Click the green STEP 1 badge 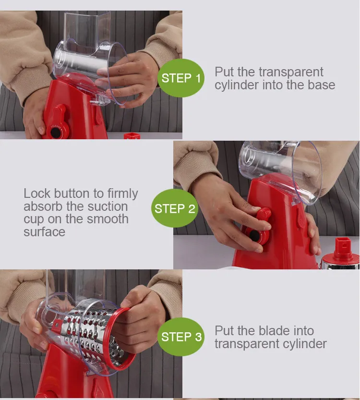click(x=181, y=78)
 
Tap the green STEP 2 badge click(x=174, y=208)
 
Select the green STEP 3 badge click(x=181, y=337)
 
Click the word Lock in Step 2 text click(x=37, y=194)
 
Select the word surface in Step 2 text click(x=44, y=232)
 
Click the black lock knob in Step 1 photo click(x=55, y=133)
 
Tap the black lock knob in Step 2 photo click(x=254, y=236)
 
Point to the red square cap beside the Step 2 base click(x=344, y=247)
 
